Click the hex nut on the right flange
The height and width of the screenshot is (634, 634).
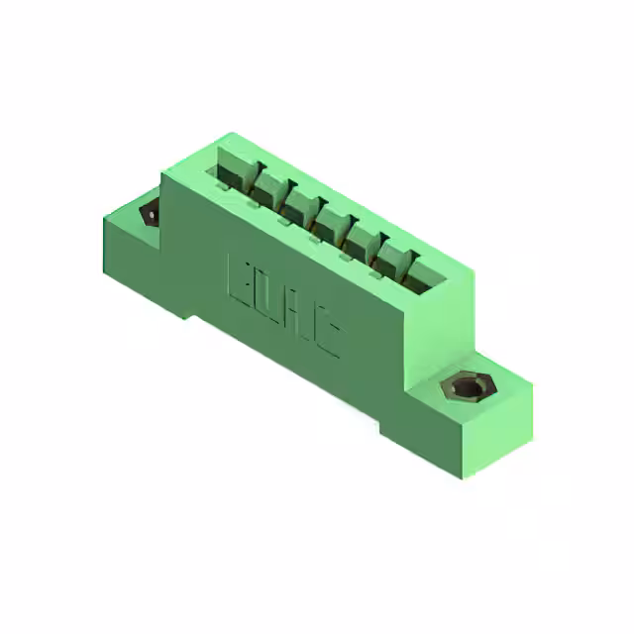(x=465, y=386)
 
